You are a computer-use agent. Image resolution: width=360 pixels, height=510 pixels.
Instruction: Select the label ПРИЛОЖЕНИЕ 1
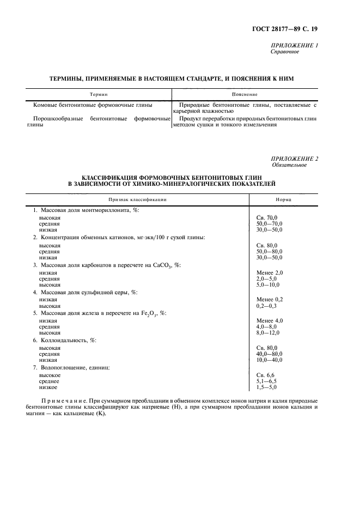pos(294,45)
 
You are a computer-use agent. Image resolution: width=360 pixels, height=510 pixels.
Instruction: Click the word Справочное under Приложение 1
pos(285,52)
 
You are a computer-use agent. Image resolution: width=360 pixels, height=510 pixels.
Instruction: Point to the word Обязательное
pos(289,165)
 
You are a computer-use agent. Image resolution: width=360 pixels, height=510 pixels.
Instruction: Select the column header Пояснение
pos(244,94)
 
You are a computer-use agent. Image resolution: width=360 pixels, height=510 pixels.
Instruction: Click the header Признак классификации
pos(137,199)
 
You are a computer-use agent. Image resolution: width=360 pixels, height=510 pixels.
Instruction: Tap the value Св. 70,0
pos(266,217)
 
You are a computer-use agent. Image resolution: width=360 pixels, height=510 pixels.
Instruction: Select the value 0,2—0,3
pos(266,306)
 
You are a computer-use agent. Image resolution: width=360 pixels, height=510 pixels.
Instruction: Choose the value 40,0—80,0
pos(269,354)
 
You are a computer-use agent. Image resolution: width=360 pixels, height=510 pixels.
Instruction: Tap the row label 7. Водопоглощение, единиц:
pos(71,368)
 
